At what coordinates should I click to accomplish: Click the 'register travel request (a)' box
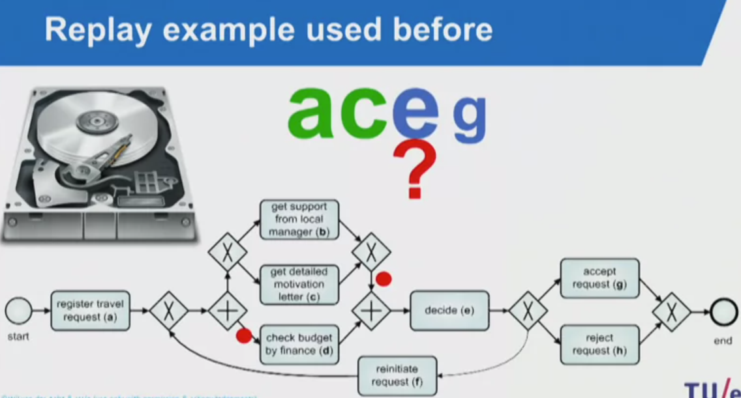coord(91,310)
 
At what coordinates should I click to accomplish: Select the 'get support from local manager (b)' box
coord(299,220)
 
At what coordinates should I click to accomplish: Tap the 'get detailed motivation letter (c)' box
coord(299,285)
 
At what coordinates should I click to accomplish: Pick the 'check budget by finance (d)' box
coord(299,344)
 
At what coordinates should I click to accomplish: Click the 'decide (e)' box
coord(449,311)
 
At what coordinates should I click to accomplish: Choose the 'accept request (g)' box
coord(599,278)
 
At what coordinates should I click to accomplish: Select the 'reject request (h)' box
coord(599,344)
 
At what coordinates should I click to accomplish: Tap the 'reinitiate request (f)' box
coord(397,376)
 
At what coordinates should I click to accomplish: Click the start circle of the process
coord(18,311)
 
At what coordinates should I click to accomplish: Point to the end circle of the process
coord(723,311)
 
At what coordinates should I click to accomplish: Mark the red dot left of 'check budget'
coord(244,336)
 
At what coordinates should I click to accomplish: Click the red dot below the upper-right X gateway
coord(384,279)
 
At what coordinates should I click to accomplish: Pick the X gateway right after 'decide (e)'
coord(527,311)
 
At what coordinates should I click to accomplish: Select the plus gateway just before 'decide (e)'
coord(370,311)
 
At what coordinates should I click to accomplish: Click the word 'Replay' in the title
coord(98,30)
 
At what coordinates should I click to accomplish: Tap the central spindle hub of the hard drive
coord(91,120)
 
